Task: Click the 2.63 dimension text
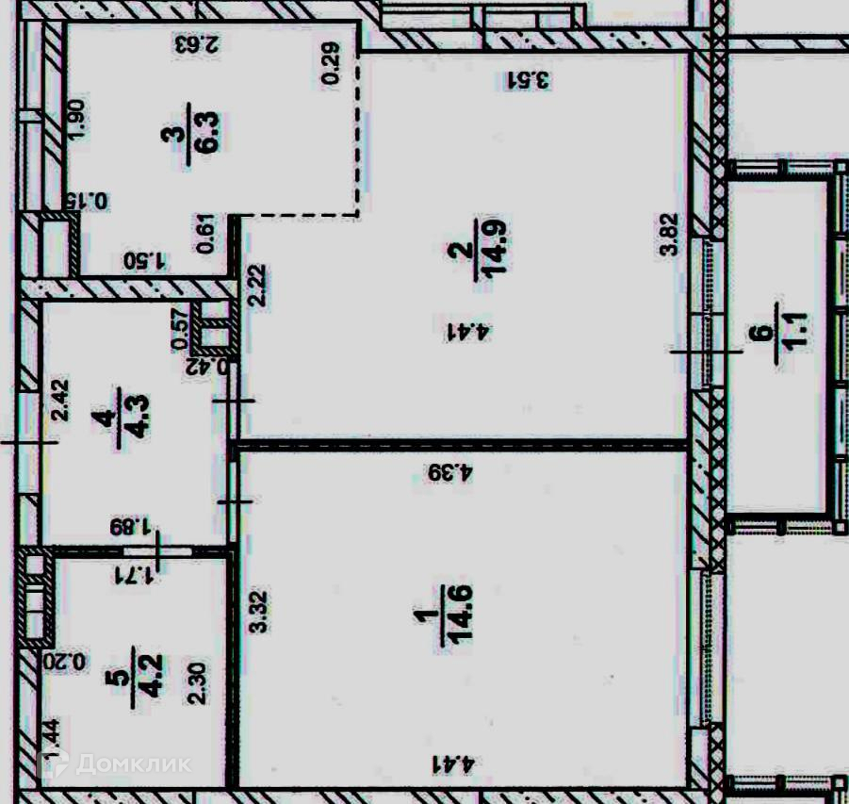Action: click(197, 43)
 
